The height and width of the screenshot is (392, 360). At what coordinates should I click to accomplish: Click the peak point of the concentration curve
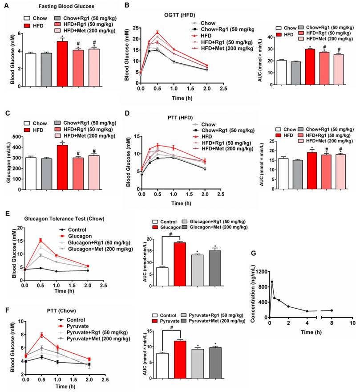[271, 282]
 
